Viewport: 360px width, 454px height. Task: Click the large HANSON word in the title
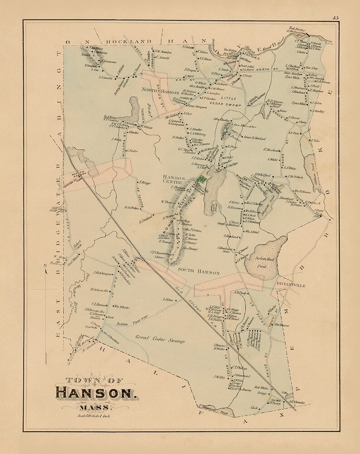tap(95, 391)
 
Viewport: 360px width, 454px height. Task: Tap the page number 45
tap(335, 18)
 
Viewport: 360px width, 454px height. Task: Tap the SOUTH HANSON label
tap(199, 273)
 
